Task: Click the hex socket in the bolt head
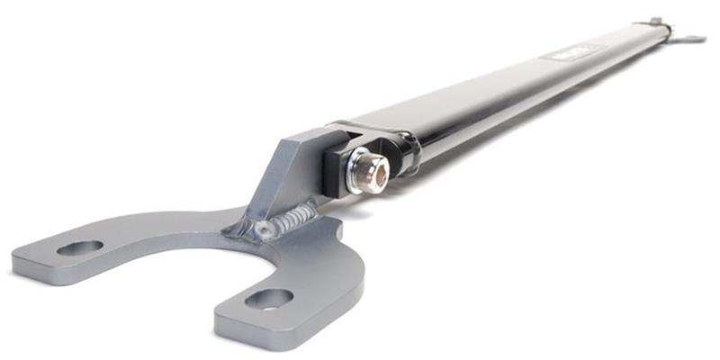pyautogui.click(x=376, y=170)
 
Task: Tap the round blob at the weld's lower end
pyautogui.click(x=262, y=230)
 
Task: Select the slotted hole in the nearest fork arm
pyautogui.click(x=268, y=298)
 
